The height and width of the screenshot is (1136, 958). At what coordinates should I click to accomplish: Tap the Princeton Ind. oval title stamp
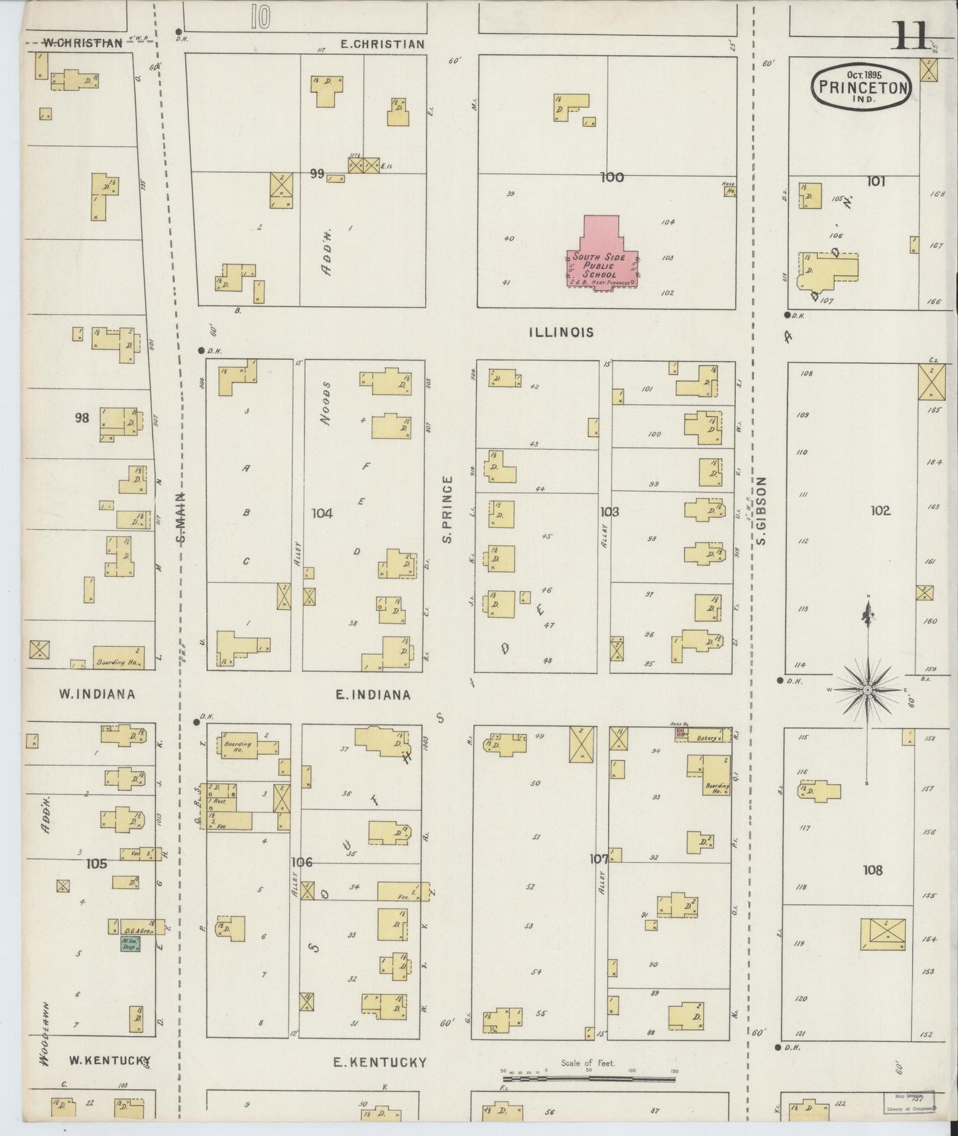point(861,86)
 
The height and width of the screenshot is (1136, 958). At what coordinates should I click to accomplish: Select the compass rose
point(867,689)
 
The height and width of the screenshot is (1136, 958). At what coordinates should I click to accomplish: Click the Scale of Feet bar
point(589,1079)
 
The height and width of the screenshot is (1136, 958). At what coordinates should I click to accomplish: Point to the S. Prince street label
point(448,510)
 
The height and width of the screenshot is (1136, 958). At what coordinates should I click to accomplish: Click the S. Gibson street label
point(761,510)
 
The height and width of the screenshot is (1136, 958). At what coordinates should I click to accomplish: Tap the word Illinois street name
point(561,332)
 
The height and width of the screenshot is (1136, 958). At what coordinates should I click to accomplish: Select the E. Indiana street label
point(373,695)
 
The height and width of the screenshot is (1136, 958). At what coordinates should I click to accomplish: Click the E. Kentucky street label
point(379,1062)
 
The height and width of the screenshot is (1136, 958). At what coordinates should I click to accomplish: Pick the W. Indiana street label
point(97,694)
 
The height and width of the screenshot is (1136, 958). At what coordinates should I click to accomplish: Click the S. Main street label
point(182,517)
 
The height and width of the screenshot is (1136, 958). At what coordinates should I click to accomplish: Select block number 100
point(611,177)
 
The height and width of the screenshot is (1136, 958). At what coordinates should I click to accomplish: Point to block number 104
point(322,513)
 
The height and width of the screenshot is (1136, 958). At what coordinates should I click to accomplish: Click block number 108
point(872,870)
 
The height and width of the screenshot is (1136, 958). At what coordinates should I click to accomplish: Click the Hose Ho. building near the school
point(729,192)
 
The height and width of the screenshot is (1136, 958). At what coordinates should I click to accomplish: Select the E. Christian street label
point(382,44)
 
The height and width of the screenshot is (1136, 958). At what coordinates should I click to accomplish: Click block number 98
point(82,418)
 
